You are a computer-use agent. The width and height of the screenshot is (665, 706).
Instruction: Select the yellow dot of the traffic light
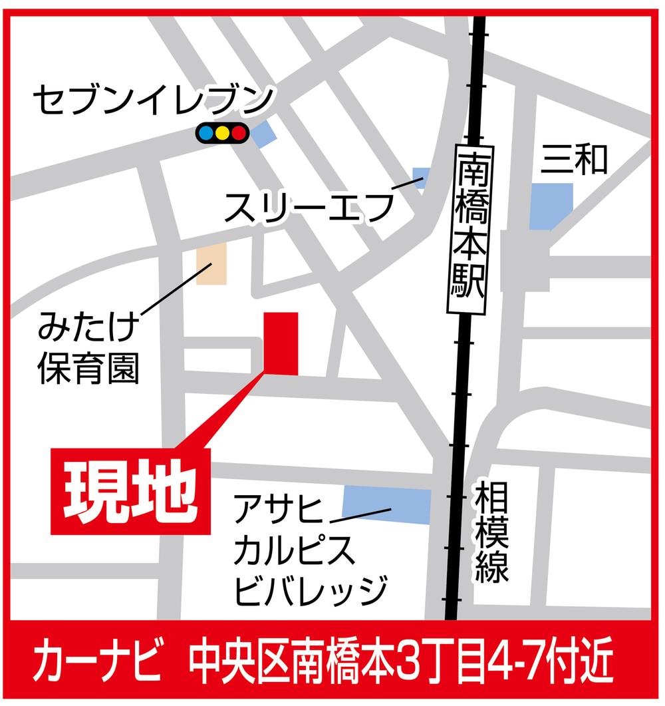point(222,133)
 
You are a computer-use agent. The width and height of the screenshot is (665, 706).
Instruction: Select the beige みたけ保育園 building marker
point(212,264)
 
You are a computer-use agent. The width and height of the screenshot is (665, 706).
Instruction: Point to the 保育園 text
point(88,368)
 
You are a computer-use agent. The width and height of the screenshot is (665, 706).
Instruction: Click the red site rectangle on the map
point(281,343)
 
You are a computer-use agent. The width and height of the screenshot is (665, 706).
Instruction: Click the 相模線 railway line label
point(492,532)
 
